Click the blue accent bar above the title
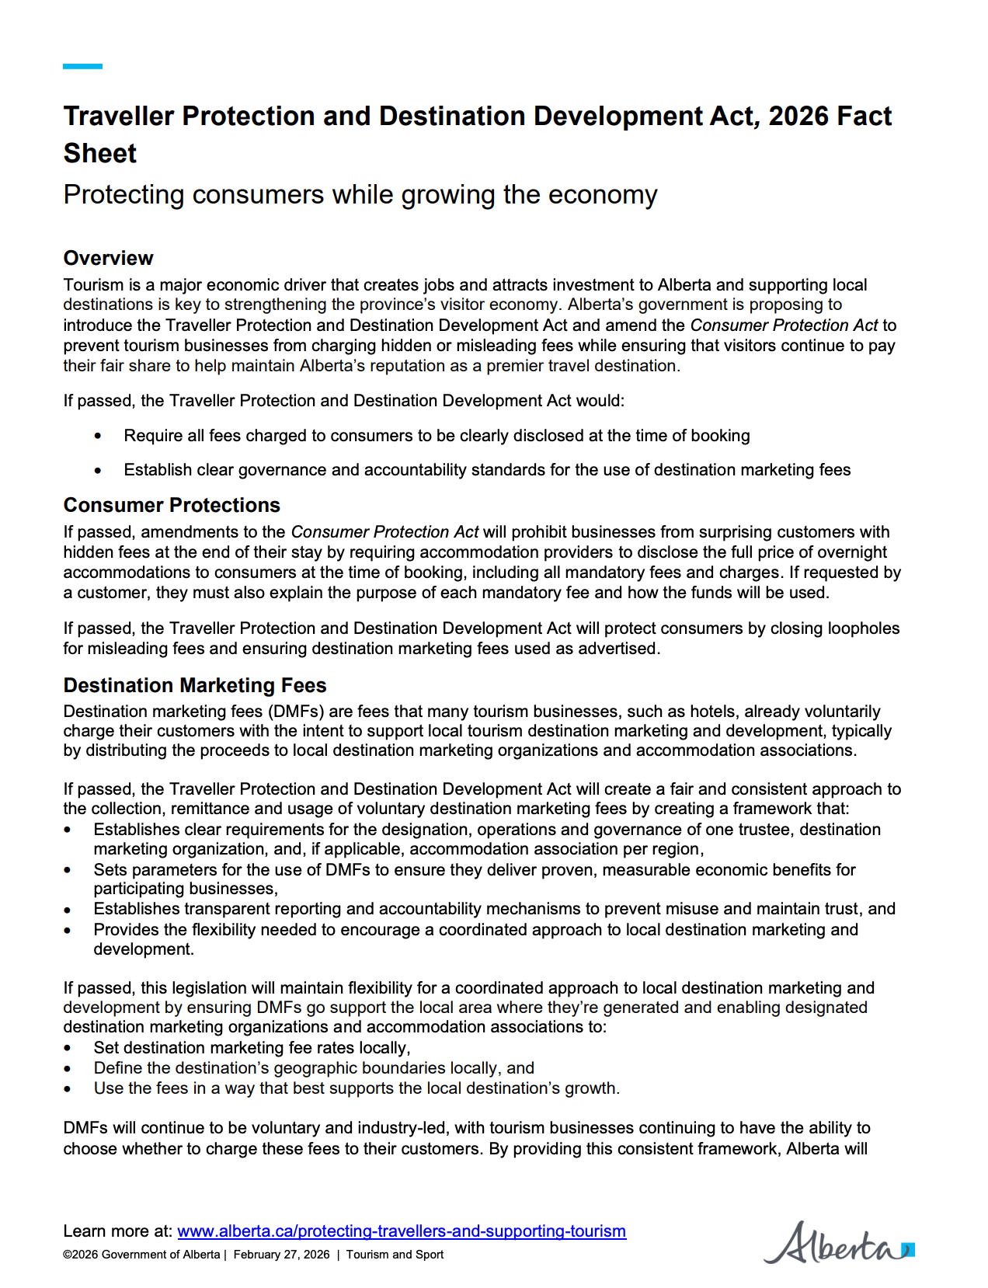tap(82, 67)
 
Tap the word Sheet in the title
tap(100, 154)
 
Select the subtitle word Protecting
tap(124, 194)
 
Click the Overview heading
tap(108, 258)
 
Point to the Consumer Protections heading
tap(172, 505)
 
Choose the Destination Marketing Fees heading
tap(195, 685)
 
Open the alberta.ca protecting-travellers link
tap(402, 1231)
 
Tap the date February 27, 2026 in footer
tap(281, 1255)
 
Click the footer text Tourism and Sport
tap(395, 1255)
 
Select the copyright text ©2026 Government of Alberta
tap(141, 1255)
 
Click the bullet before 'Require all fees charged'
tap(98, 437)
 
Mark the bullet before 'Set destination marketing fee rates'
tap(68, 1049)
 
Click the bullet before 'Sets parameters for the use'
tap(68, 870)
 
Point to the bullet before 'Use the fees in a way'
tap(68, 1089)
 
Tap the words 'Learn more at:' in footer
tap(117, 1231)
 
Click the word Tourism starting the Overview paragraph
tap(93, 285)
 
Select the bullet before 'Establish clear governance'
tap(98, 471)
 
